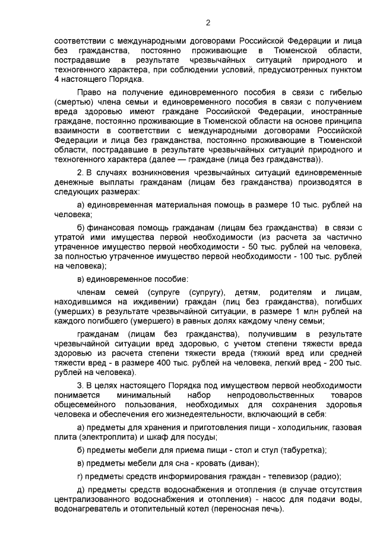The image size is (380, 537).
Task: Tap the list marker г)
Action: tap(81, 476)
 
